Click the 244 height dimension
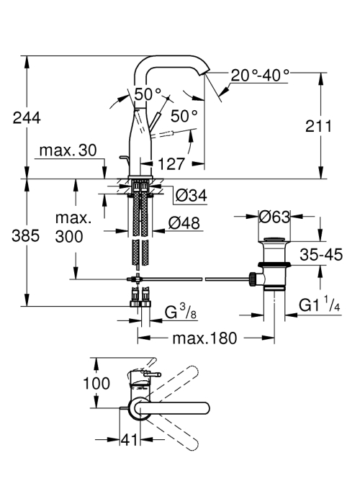(x=27, y=118)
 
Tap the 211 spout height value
(x=318, y=126)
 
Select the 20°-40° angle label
(x=260, y=76)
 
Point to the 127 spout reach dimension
(x=171, y=164)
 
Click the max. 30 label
(x=68, y=150)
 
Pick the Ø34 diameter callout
(x=192, y=195)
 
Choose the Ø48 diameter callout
(x=184, y=222)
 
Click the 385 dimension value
(x=26, y=236)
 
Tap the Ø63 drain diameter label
(x=274, y=217)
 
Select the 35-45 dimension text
(x=321, y=255)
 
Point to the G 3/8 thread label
(x=180, y=311)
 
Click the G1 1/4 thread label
(x=319, y=305)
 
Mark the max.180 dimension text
(x=204, y=338)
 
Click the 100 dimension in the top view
(x=96, y=383)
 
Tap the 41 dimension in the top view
(x=130, y=440)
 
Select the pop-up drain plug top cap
(x=274, y=239)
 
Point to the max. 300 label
(x=69, y=228)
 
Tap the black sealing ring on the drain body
(x=274, y=265)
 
